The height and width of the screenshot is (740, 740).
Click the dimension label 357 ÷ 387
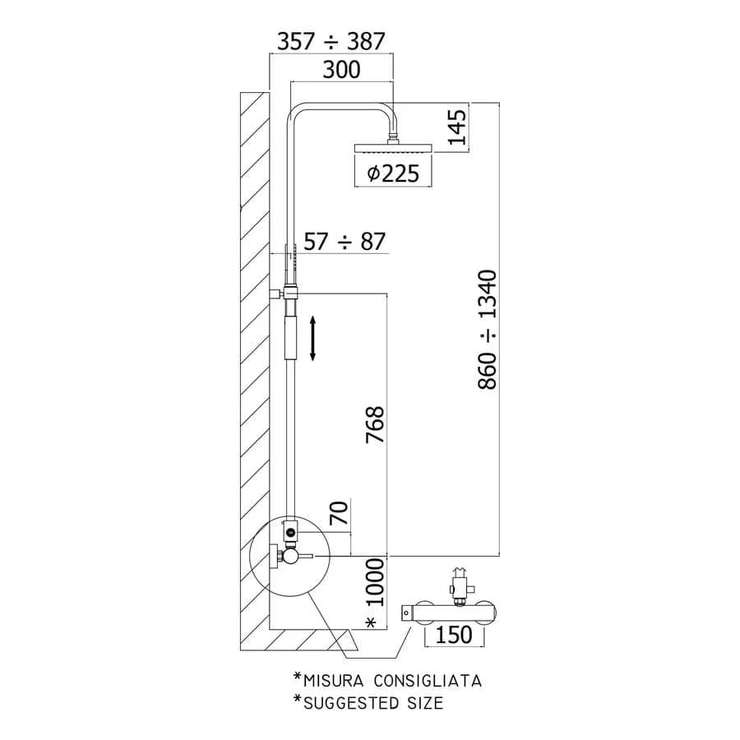[331, 41]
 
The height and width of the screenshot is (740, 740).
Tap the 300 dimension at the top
[341, 69]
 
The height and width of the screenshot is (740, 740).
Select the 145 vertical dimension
[457, 127]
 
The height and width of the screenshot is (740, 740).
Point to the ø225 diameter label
[393, 173]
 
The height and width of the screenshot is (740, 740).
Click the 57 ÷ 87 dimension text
[345, 242]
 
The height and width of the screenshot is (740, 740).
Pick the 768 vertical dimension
[375, 425]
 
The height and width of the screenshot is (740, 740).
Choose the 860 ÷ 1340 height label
[488, 330]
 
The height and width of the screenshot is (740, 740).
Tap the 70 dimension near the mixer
[339, 513]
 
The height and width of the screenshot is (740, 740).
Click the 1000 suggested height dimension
[376, 582]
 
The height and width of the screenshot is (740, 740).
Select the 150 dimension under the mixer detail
[454, 635]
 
